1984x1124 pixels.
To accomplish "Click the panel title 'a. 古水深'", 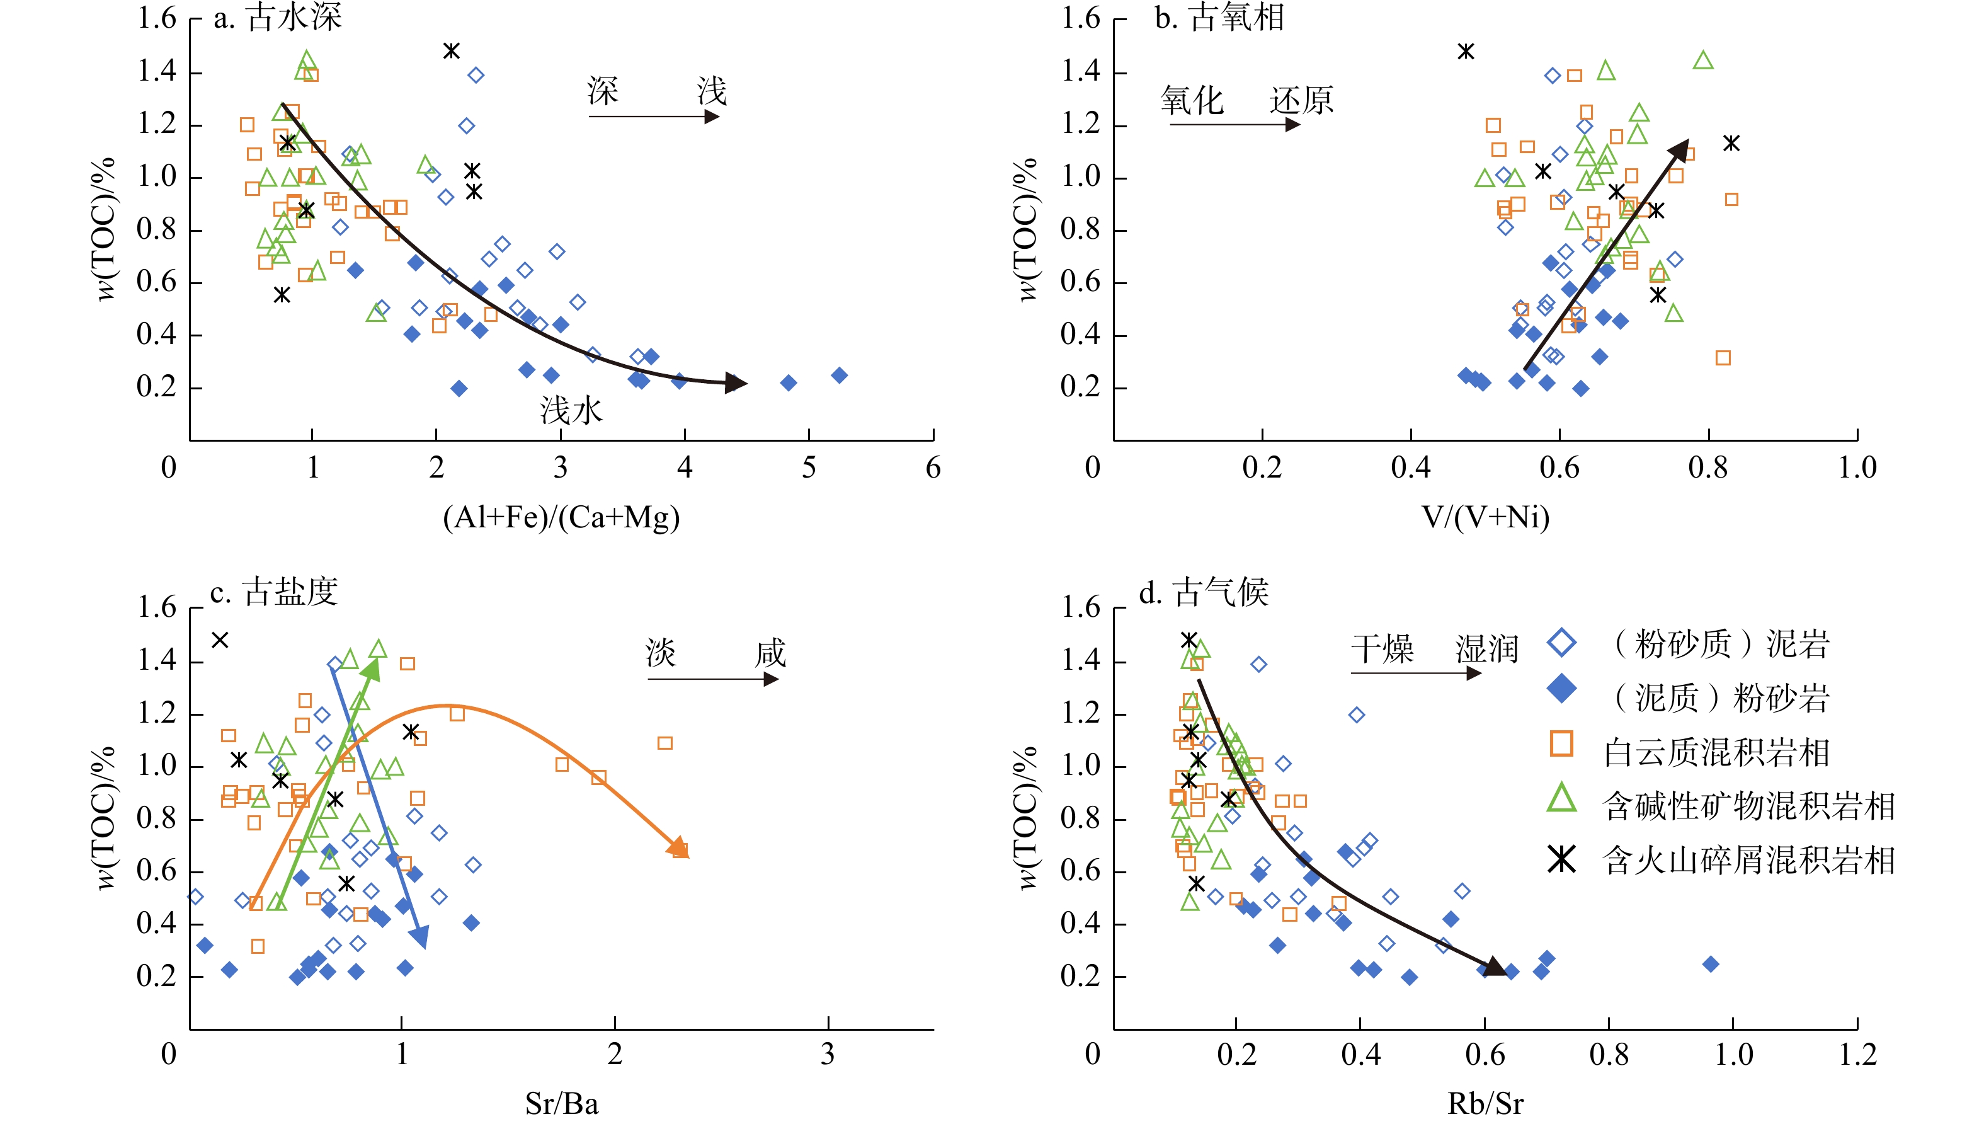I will (277, 17).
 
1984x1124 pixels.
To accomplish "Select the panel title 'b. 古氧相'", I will (1219, 17).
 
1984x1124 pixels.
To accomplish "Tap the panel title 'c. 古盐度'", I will (274, 592).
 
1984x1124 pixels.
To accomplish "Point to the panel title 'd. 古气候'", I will (1204, 592).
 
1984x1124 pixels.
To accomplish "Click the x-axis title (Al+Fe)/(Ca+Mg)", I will (561, 517).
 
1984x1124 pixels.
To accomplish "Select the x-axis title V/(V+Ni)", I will (1486, 517).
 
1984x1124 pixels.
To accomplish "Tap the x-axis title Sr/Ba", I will (561, 1103).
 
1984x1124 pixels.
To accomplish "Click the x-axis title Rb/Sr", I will (1486, 1103).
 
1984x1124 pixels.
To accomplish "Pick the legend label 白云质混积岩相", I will (1716, 753).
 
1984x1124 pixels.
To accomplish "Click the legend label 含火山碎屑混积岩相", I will (1748, 861).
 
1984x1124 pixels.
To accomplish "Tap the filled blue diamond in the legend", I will (1562, 689).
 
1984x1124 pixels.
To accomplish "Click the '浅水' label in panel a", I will (571, 411).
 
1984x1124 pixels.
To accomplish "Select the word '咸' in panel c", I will (770, 654).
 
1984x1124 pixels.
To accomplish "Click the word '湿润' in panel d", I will (1487, 649).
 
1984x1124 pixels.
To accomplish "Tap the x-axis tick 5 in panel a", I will (809, 468).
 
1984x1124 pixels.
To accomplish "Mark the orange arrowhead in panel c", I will (679, 847).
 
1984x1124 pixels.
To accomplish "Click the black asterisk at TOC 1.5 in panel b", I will (1466, 52).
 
